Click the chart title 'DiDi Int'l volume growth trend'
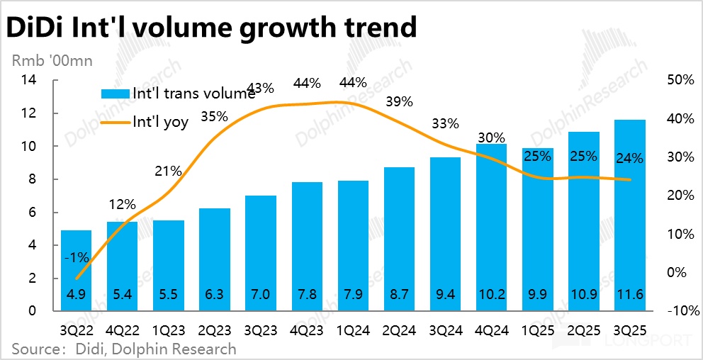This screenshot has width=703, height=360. pyautogui.click(x=210, y=27)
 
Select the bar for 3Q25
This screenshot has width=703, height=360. pyautogui.click(x=629, y=213)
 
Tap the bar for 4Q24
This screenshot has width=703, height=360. pyautogui.click(x=492, y=227)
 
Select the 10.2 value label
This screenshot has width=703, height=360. pyautogui.click(x=492, y=296)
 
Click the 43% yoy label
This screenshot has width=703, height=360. pyautogui.click(x=261, y=88)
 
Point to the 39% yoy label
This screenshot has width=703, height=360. pyautogui.click(x=399, y=101)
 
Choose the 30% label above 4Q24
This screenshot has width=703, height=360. pyautogui.click(x=490, y=137)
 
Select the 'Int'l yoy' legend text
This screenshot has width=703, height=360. pyautogui.click(x=161, y=122)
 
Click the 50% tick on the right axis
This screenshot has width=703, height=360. pyautogui.click(x=680, y=80)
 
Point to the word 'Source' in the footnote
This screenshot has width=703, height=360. pyautogui.click(x=34, y=349)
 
